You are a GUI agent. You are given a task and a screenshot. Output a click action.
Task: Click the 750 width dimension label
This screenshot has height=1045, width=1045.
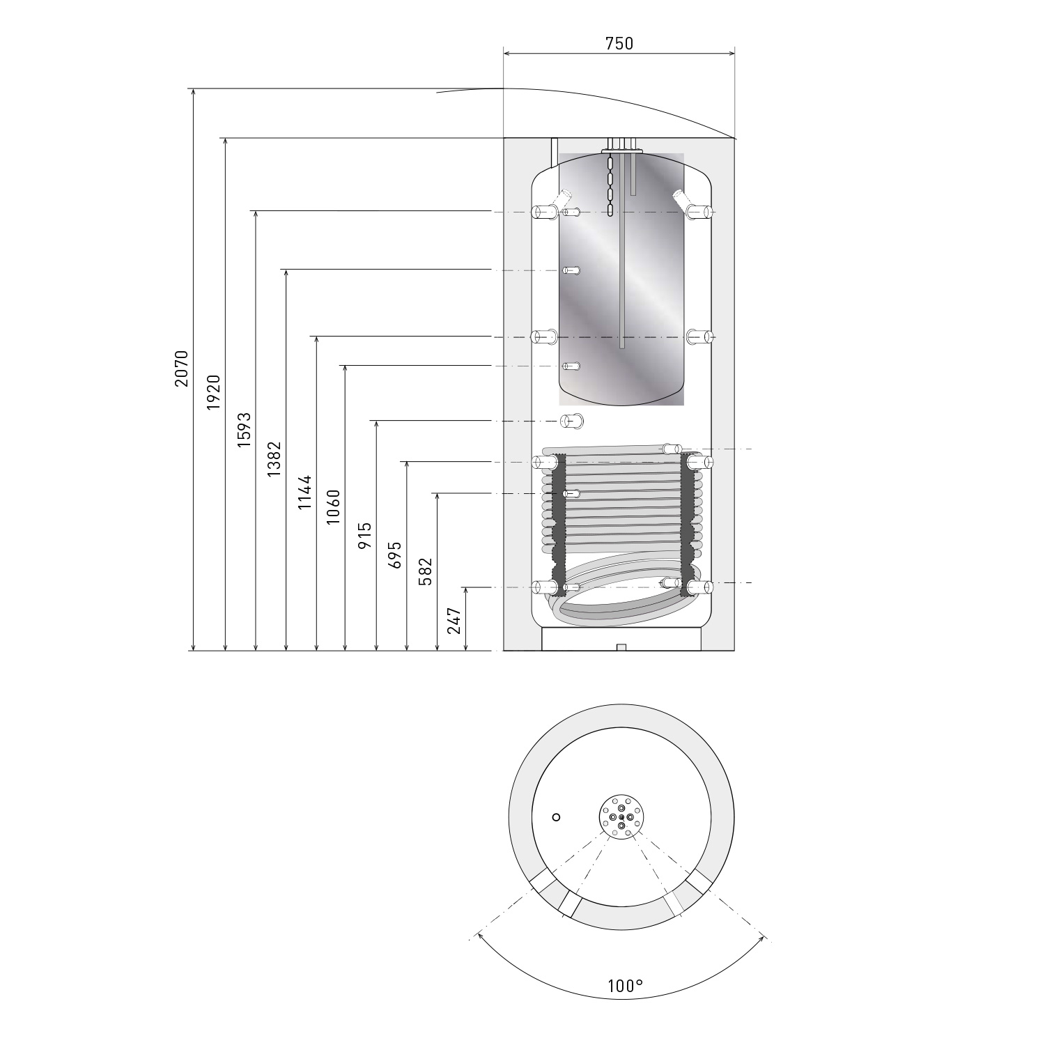[x=619, y=43]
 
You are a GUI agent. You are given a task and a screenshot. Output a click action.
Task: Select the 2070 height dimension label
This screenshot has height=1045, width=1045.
[x=182, y=369]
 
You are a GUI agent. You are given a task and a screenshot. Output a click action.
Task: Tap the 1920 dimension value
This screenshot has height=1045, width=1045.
[x=213, y=392]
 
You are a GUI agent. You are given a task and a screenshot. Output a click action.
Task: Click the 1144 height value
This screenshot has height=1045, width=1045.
[x=304, y=493]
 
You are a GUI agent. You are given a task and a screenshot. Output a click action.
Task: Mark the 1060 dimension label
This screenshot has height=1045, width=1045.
[x=333, y=507]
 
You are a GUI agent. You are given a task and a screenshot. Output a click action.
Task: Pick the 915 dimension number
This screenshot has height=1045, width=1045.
[x=364, y=536]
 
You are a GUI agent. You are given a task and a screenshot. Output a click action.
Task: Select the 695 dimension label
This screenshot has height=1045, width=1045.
[x=395, y=555]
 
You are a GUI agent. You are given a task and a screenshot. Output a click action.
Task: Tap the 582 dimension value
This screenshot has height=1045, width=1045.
[x=426, y=571]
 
